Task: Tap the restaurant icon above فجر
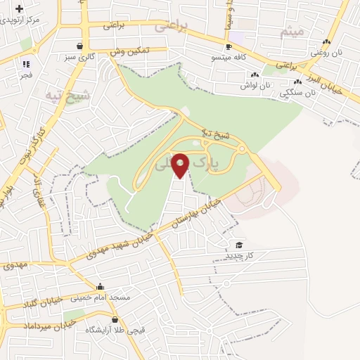[26, 64]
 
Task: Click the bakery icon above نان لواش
[255, 74]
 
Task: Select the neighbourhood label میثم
[291, 32]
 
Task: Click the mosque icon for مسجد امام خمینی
[101, 287]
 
